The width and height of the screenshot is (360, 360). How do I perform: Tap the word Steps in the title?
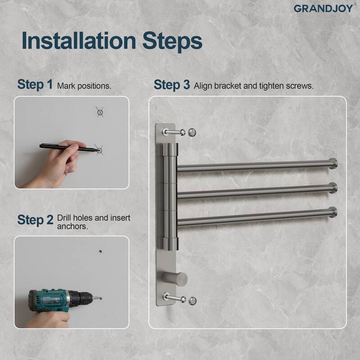(x=171, y=41)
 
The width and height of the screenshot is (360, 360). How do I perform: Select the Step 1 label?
(x=35, y=85)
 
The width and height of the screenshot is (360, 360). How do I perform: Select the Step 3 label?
(x=171, y=85)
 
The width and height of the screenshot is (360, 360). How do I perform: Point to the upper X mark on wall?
(x=99, y=111)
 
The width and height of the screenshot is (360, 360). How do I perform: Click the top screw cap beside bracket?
(x=193, y=132)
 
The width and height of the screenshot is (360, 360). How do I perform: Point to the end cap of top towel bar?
(x=333, y=164)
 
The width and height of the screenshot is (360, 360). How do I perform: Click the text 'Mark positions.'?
(x=84, y=85)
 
